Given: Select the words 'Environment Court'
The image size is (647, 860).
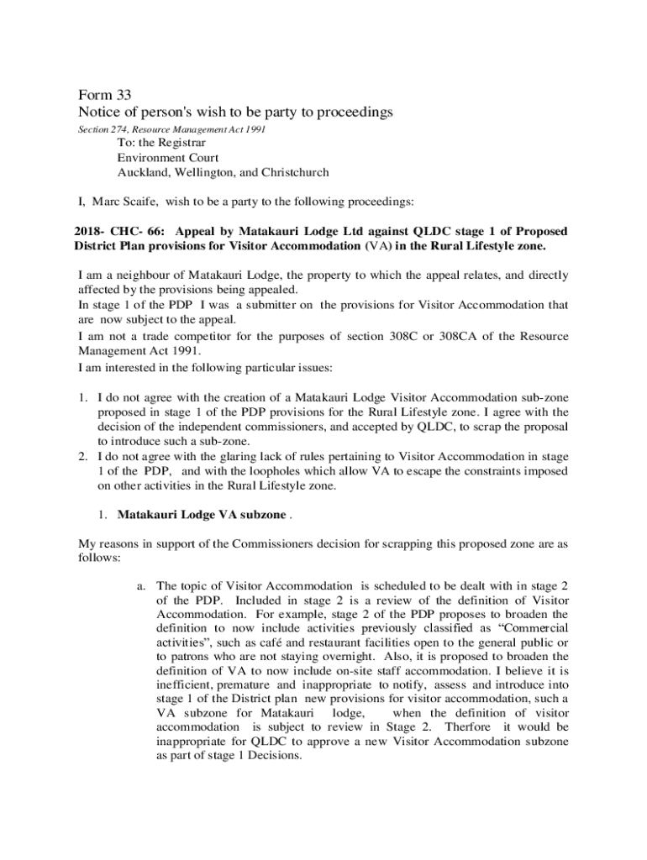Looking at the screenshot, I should click(168, 157).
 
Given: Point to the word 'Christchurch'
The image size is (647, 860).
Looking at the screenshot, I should click(295, 173).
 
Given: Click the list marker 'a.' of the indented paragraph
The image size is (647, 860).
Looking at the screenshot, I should click(141, 585).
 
